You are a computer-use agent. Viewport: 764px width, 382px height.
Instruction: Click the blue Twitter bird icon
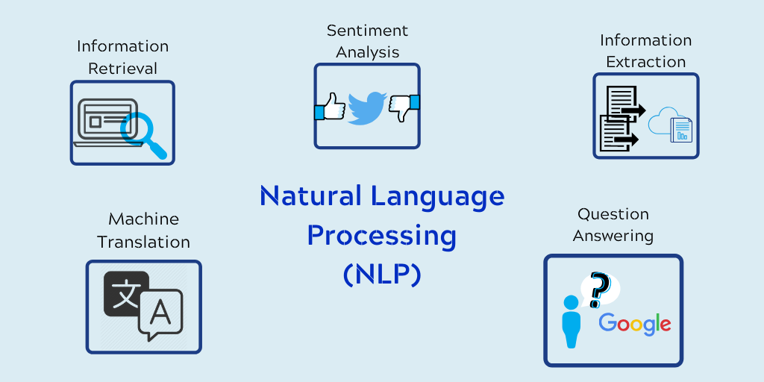point(366,107)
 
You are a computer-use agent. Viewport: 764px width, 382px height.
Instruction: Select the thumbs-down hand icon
point(404,108)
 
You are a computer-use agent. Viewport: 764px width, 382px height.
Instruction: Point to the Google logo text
point(635,324)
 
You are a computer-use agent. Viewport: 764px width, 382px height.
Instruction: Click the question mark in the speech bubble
point(598,290)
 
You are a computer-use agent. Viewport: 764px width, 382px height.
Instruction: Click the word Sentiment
point(367,31)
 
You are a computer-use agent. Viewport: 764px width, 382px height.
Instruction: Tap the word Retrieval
point(122,69)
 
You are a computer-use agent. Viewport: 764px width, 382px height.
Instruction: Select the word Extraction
point(645,62)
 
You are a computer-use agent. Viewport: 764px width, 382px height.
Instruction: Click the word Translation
point(143,242)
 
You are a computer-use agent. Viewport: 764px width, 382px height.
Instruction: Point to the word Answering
point(613,237)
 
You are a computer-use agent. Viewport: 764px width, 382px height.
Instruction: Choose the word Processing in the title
point(381,236)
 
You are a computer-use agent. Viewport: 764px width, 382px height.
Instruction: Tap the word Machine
point(143,219)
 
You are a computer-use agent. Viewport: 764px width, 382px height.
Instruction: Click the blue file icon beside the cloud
point(681,129)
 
